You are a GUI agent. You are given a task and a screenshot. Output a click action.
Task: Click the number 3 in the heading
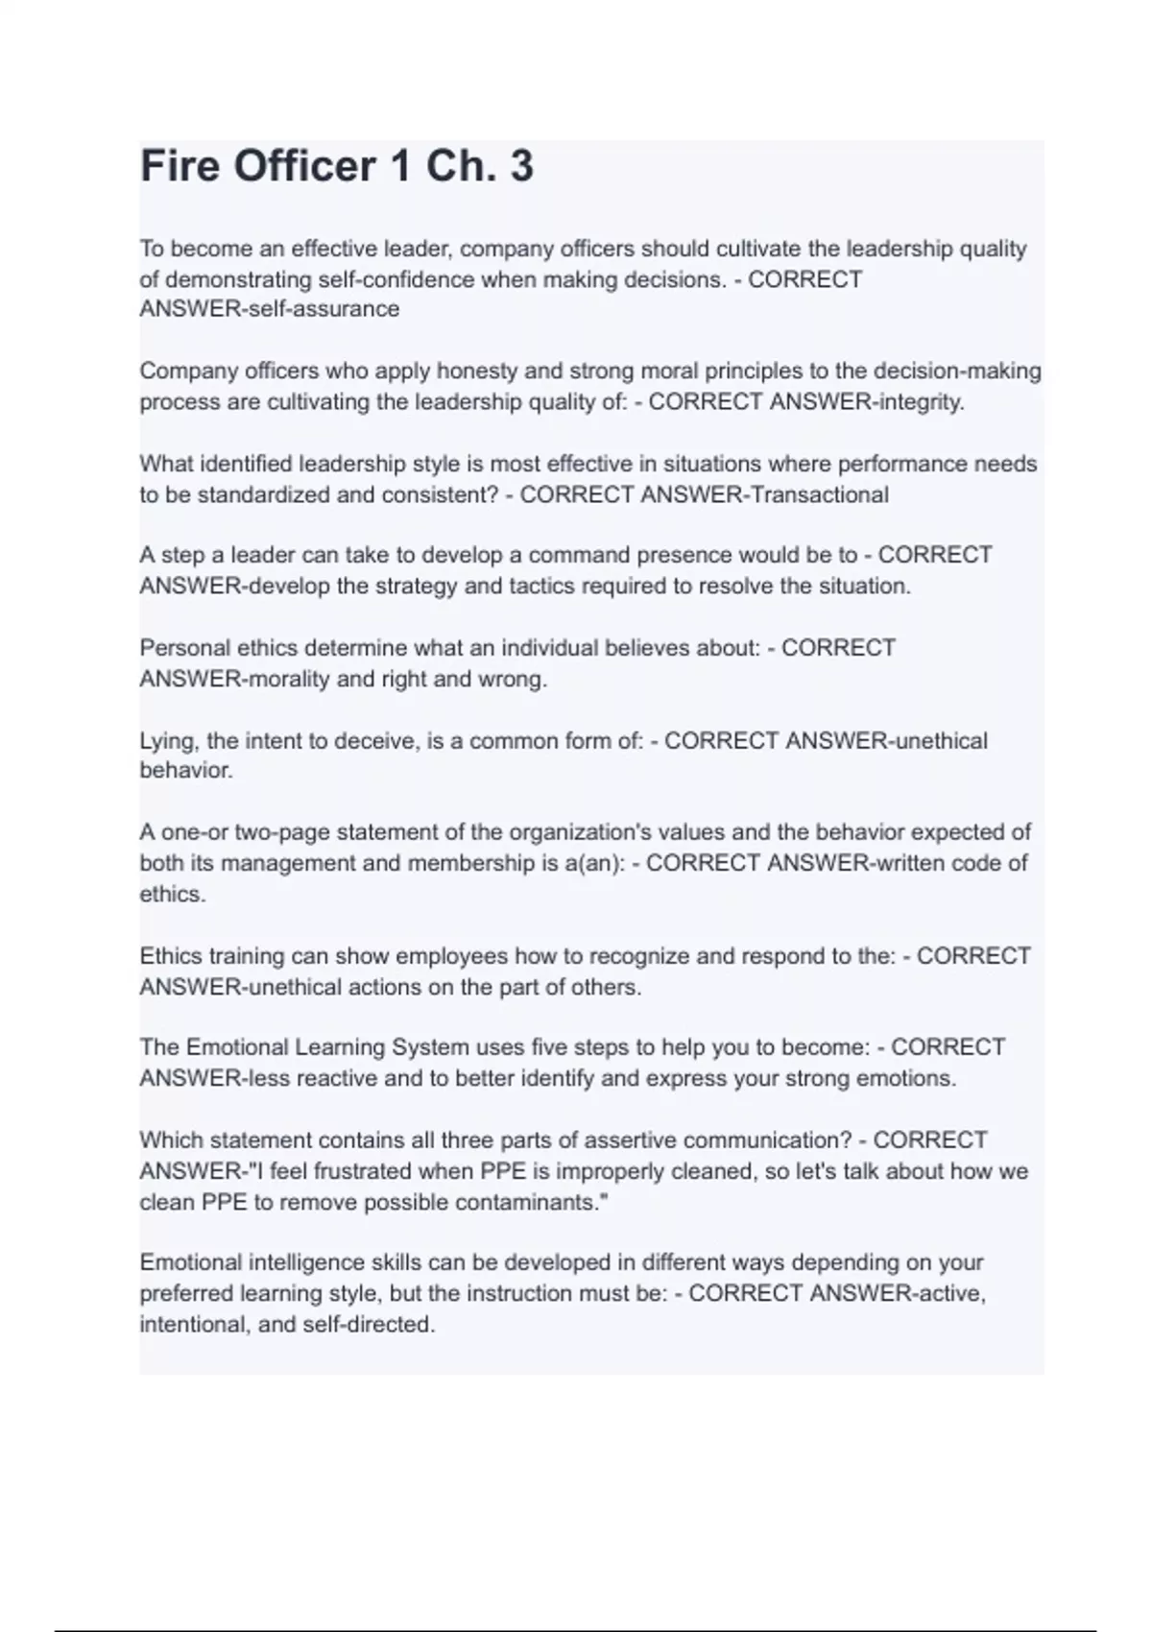[x=521, y=166]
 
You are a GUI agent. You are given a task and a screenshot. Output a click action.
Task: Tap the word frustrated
[x=326, y=1171]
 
